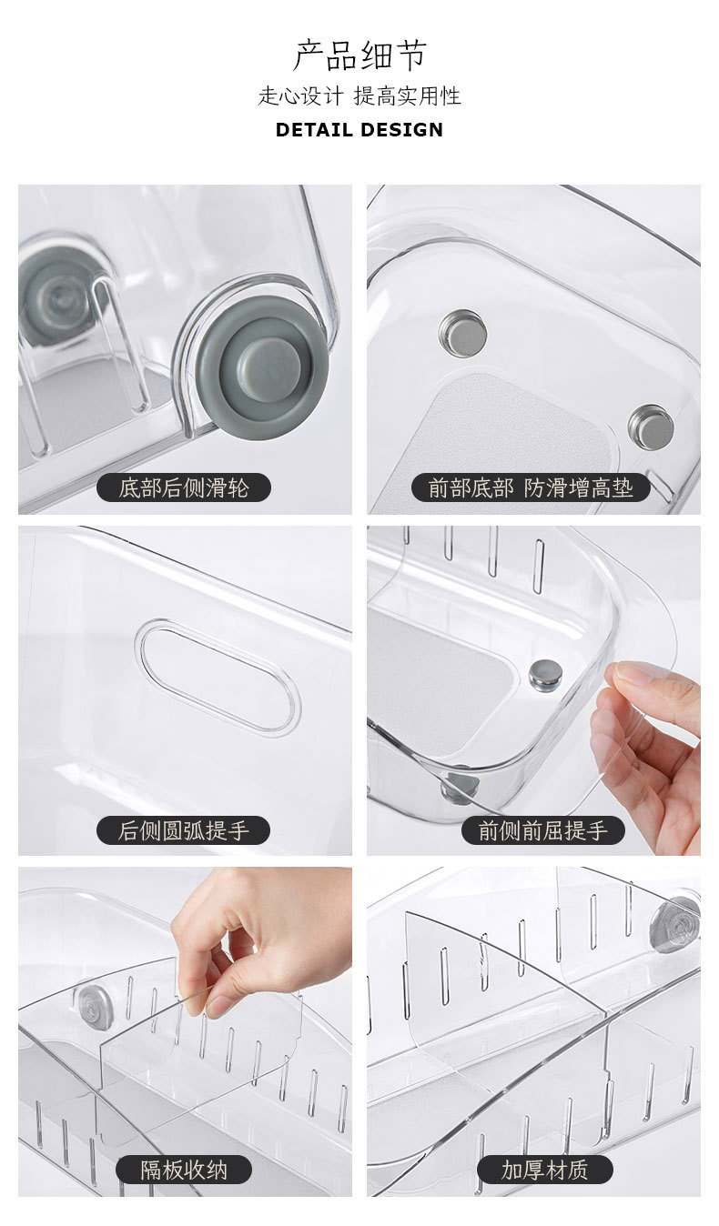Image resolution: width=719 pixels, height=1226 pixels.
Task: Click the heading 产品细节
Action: click(x=359, y=55)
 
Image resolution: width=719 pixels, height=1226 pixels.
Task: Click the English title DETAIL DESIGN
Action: click(x=359, y=129)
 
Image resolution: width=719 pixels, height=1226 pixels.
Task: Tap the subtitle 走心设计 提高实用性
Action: click(x=359, y=95)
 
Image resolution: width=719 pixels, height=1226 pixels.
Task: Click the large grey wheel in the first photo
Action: click(x=262, y=367)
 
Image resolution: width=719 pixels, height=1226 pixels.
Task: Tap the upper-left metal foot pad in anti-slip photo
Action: click(x=462, y=333)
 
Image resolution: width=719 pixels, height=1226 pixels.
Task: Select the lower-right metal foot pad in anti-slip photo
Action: click(x=651, y=427)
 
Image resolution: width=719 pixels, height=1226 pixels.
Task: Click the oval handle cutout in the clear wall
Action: click(x=218, y=678)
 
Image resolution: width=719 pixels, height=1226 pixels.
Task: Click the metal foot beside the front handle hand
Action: click(x=545, y=673)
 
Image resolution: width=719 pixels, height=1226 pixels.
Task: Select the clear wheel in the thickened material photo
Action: click(x=675, y=924)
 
